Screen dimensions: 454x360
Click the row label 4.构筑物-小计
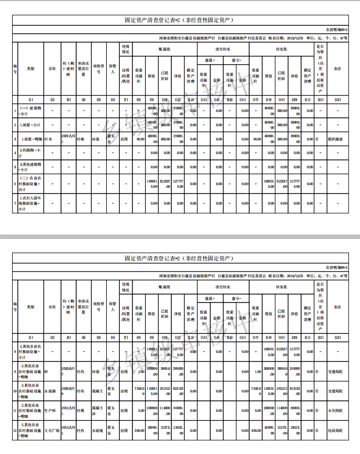click(30, 153)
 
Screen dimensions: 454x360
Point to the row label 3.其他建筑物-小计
click(30, 167)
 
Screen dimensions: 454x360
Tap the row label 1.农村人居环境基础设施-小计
click(30, 203)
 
